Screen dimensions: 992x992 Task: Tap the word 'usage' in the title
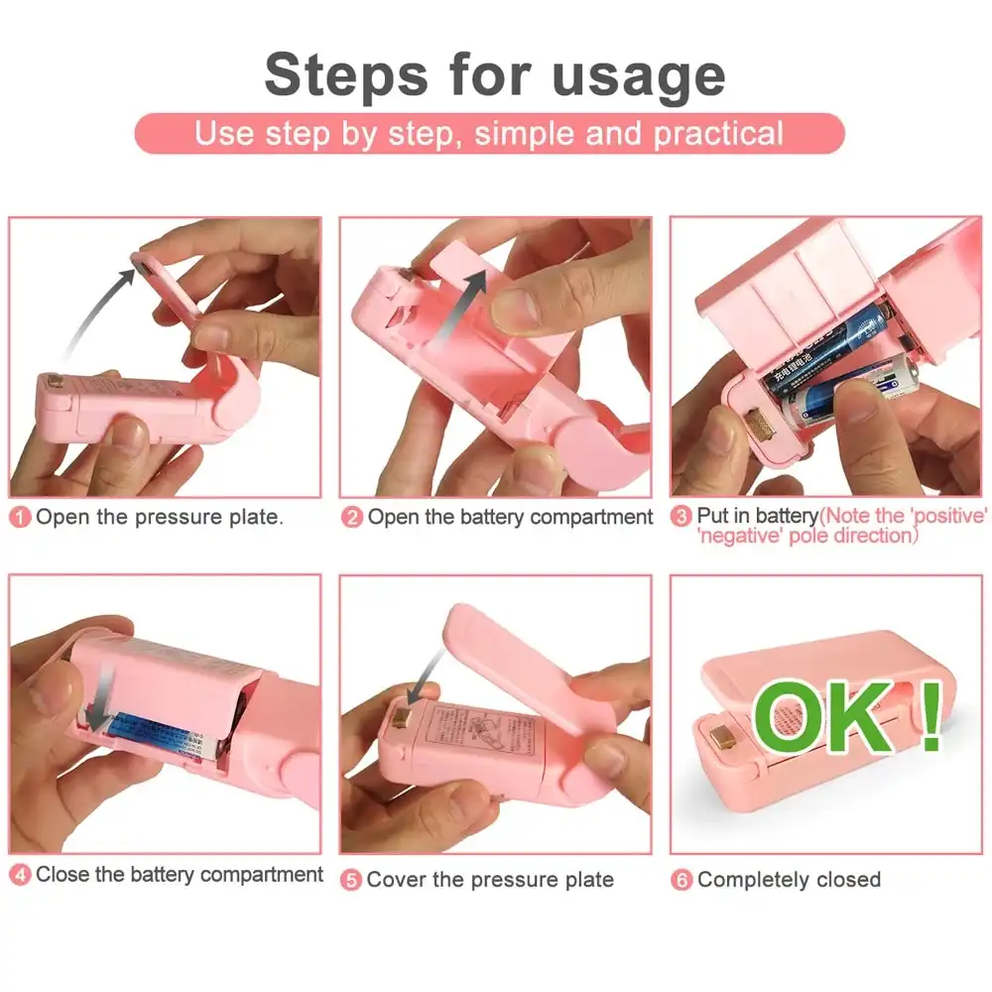point(639,76)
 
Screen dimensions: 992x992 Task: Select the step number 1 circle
point(21,518)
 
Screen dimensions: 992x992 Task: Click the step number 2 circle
point(352,518)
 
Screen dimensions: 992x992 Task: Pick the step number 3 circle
point(682,517)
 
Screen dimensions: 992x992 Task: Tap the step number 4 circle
point(21,875)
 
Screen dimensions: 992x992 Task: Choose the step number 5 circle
point(351,880)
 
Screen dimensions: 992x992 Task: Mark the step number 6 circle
point(682,880)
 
